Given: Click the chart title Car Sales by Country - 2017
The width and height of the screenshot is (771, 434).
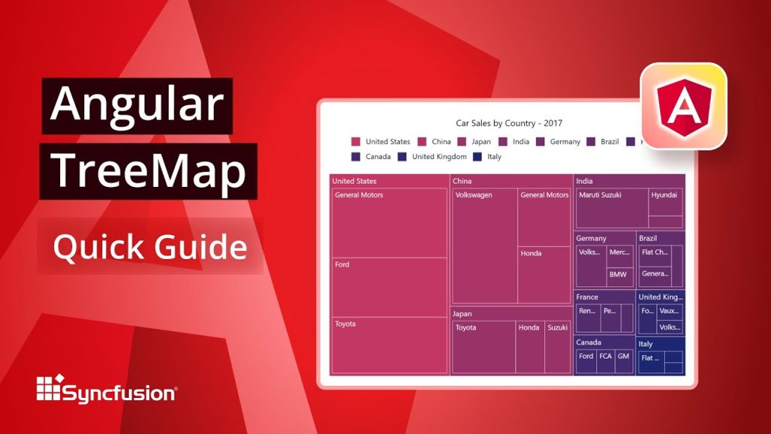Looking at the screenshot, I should point(509,123).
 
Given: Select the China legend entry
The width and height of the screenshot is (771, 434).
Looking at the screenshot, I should point(434,142).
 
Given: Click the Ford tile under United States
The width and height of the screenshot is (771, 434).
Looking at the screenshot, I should point(389,287).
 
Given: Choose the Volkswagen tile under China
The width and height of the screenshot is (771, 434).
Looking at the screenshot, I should point(484,246).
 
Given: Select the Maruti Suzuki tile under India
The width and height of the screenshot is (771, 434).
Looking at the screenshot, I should point(611,208).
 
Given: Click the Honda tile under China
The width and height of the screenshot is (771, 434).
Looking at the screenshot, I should point(544,274).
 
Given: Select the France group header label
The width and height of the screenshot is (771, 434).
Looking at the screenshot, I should point(587,297).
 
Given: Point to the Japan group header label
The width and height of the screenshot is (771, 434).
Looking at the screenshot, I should point(462,313).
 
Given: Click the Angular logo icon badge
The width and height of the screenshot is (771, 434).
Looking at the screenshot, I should point(683,105).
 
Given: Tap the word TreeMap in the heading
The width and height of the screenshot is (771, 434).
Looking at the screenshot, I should point(149,173).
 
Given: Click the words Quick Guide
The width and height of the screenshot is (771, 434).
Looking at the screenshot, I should point(149,246).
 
